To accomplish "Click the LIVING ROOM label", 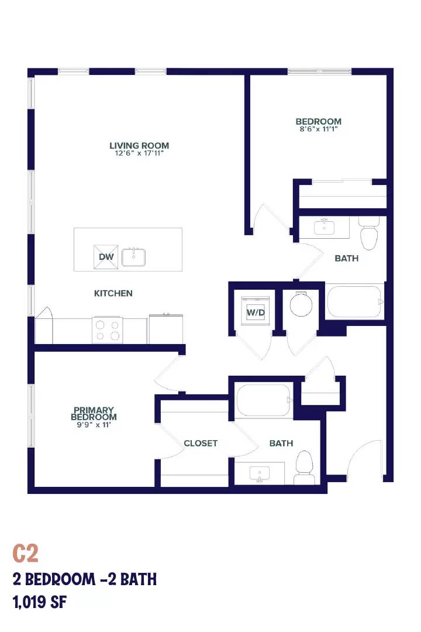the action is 139,146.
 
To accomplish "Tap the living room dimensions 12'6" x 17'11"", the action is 139,153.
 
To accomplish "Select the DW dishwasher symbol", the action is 106,257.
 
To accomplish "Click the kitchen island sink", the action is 133,257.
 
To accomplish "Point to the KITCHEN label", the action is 113,293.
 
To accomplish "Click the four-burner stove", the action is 108,330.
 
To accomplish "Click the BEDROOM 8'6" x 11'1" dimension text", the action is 318,129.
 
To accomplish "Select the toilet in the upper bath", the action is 369,233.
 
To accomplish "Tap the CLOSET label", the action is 201,444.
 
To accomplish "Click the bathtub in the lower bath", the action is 264,400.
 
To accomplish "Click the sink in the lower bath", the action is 260,473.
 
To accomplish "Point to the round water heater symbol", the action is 301,304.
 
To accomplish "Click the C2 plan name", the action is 25,554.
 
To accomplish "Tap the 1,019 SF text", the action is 40,603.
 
